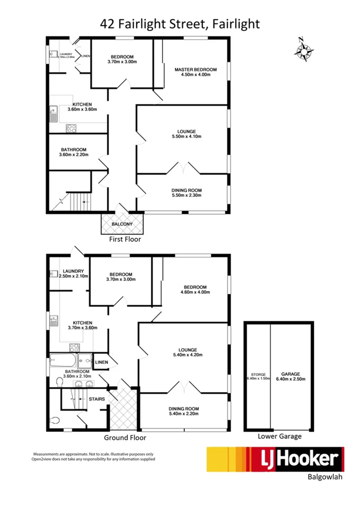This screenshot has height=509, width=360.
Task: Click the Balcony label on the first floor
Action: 122,224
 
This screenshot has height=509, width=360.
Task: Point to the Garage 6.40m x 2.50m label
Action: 292,376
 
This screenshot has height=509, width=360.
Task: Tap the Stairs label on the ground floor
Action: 96,398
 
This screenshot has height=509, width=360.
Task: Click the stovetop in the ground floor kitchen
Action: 75,347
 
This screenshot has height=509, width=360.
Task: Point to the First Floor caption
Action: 125,239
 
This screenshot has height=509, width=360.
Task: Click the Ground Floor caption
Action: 125,438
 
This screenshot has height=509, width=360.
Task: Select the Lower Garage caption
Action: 279,436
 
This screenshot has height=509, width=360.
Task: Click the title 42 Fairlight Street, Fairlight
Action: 180,23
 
